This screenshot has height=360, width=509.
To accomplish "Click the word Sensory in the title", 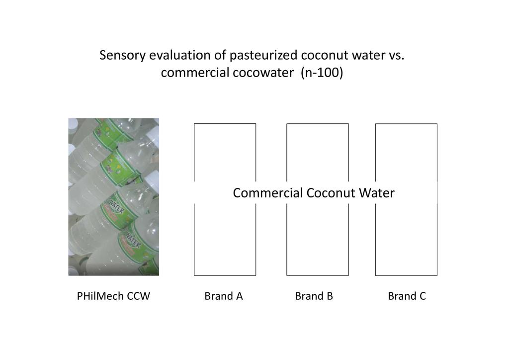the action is coord(122,56).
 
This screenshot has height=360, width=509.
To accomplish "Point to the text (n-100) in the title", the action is coord(322,73).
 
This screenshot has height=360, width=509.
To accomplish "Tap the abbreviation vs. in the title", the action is coord(396,56).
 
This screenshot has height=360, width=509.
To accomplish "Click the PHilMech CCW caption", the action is coord(113,296).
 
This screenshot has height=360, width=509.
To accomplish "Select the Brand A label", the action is coord(224,296).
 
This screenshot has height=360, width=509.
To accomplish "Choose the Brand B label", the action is coord(314,296).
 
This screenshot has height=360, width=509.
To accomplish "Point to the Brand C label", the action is coord(407,296).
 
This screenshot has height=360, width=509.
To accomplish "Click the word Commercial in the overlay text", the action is coord(268,193).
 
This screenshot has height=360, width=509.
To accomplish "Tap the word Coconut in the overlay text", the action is coord(331,193).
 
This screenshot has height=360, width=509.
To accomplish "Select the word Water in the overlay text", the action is coord(377,193).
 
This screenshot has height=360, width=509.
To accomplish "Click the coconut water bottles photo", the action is coord(114,197).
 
